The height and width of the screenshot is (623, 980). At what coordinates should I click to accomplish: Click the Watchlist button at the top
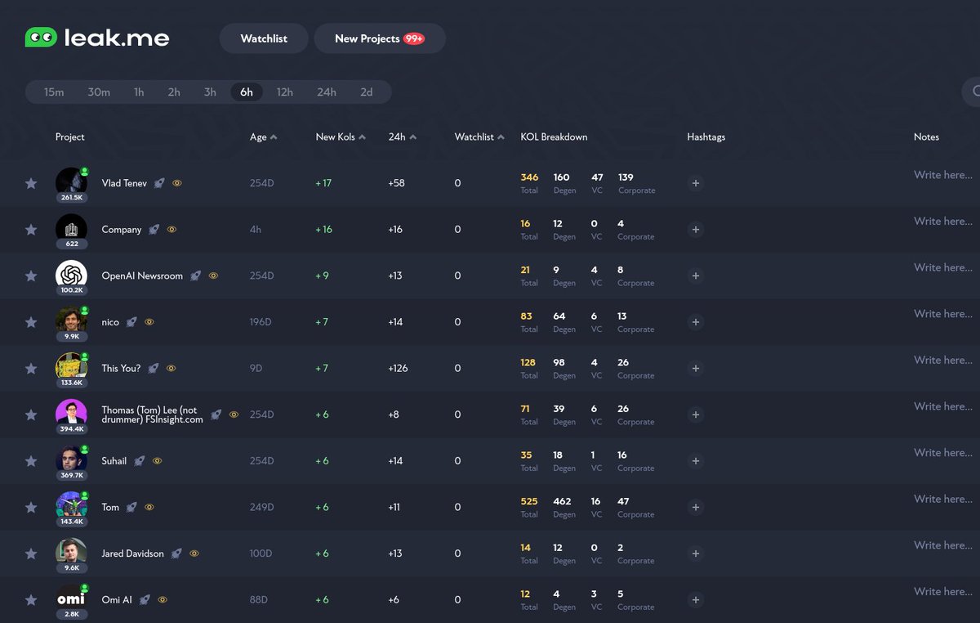tap(264, 38)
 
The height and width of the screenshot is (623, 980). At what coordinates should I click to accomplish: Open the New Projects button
tap(379, 38)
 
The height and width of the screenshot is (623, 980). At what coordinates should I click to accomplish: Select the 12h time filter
tap(284, 92)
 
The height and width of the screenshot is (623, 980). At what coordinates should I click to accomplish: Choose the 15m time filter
tap(54, 92)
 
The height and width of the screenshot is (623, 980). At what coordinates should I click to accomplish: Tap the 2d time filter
tap(367, 92)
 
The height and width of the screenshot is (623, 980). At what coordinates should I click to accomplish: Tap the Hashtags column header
tap(706, 137)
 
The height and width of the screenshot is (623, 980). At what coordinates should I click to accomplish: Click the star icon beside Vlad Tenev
tap(31, 183)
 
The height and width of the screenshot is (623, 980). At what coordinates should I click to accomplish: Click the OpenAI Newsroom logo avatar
tap(71, 275)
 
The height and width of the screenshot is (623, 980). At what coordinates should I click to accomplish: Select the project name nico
tap(110, 322)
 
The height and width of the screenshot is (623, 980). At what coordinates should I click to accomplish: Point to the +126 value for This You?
tap(398, 369)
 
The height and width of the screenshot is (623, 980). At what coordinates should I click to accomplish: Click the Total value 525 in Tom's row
tap(529, 501)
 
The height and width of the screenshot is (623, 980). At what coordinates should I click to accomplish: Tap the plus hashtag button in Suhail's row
tap(696, 461)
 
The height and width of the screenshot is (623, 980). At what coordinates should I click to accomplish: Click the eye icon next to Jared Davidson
tap(194, 554)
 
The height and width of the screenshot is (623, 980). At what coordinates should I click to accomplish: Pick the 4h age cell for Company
tap(256, 230)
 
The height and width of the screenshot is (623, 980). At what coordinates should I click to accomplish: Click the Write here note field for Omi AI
tap(942, 591)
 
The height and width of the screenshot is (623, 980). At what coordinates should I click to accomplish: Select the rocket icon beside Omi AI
tap(145, 600)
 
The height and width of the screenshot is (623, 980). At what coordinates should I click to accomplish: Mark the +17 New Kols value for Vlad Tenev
tap(323, 183)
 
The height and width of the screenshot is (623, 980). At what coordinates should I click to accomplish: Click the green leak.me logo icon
tap(41, 38)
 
